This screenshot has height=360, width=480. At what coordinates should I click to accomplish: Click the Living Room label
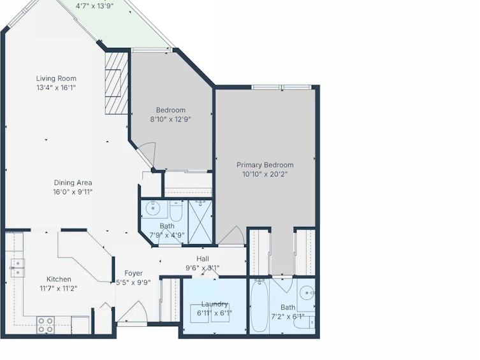pos(56,78)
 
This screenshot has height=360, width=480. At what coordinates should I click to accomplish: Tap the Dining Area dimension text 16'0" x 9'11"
pos(73,192)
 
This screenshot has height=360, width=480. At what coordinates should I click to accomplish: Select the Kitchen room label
pos(59,279)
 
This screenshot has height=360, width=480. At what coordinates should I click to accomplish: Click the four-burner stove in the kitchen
pos(46,325)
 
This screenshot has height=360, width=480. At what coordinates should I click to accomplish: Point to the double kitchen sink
pos(18,268)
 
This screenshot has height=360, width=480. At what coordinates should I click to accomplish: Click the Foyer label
pos(133,273)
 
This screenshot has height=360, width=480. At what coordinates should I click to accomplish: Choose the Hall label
pos(203,259)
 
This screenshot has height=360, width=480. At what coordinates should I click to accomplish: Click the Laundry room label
pos(215,304)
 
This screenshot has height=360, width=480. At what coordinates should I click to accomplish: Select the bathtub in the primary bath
pos(259,306)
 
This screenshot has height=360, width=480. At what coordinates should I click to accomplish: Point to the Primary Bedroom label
pos(265,165)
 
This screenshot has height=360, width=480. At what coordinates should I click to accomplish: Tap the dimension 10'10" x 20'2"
pos(265,175)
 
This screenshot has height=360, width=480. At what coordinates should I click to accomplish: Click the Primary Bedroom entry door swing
pos(232,236)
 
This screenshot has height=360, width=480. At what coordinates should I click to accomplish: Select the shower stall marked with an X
pos(200,222)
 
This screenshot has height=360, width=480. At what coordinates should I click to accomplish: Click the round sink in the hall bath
pos(153,208)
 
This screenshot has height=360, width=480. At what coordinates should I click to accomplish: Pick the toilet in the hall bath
pos(176,211)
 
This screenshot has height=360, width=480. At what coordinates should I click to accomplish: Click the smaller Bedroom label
pos(170,110)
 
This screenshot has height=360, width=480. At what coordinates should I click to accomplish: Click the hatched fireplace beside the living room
pos(116,83)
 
